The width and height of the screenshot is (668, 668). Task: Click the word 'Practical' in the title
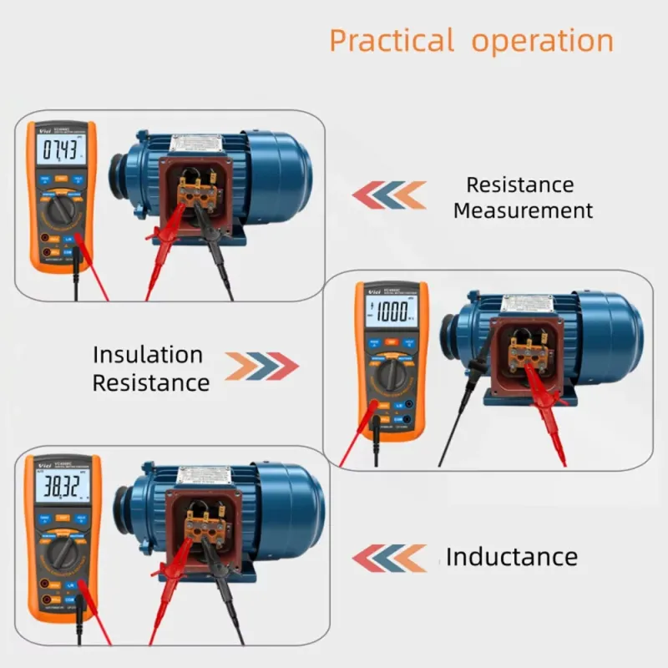pyautogui.click(x=391, y=40)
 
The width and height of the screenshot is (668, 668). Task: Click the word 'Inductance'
pyautogui.click(x=511, y=557)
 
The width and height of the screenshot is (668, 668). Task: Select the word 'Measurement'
pyautogui.click(x=523, y=210)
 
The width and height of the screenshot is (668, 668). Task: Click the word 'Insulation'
pyautogui.click(x=148, y=354)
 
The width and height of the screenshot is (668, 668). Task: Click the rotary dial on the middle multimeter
pyautogui.click(x=390, y=374)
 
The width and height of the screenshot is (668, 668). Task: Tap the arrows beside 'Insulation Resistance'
pyautogui.click(x=261, y=366)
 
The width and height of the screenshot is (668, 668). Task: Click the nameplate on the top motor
pyautogui.click(x=195, y=143)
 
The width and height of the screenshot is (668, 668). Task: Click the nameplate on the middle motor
pyautogui.click(x=527, y=302)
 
